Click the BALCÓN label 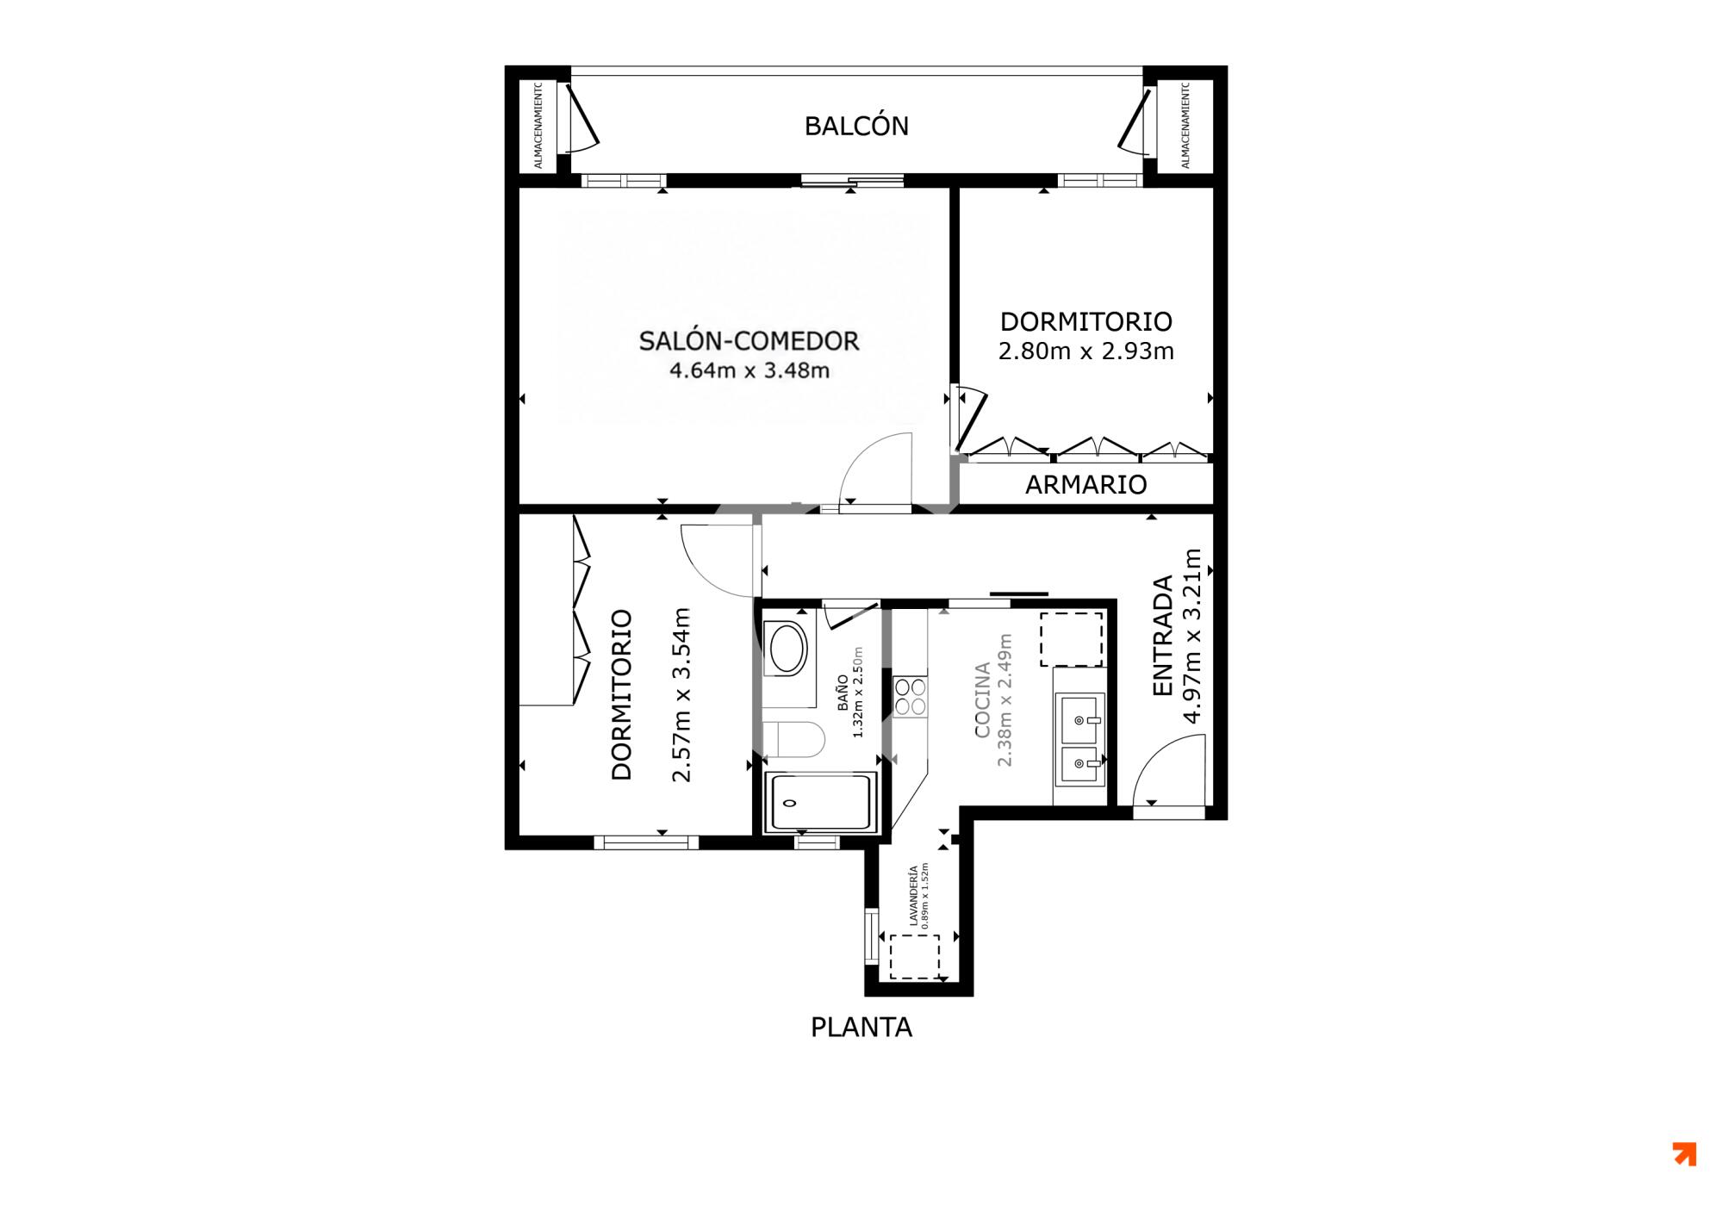click(x=856, y=126)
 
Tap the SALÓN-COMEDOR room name click(x=749, y=341)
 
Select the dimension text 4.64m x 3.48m click(x=749, y=370)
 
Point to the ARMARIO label click(x=1085, y=485)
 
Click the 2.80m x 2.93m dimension click(x=1085, y=351)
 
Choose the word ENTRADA click(x=1163, y=636)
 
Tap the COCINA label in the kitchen click(x=982, y=700)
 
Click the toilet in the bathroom click(x=794, y=738)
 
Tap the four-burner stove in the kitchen click(x=910, y=697)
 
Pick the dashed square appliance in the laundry click(x=914, y=956)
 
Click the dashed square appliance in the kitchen click(x=1071, y=639)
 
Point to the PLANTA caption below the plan click(x=861, y=1028)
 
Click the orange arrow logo click(x=1684, y=1154)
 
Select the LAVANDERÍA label click(x=913, y=896)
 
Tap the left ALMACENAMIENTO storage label click(x=538, y=126)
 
